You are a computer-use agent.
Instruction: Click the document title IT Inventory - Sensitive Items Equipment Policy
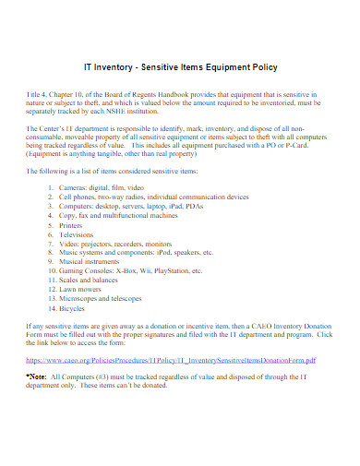(179, 66)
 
